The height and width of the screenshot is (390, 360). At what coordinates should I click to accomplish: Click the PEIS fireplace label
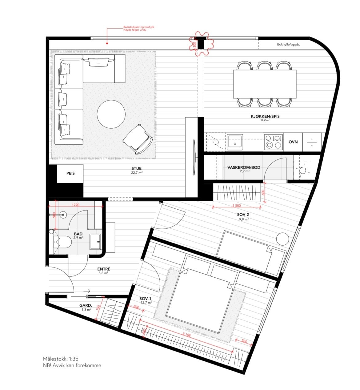70,173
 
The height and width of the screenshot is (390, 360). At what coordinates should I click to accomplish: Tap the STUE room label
136,169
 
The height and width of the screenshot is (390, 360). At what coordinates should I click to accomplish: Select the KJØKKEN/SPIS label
265,117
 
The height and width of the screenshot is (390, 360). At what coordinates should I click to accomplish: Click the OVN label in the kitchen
293,142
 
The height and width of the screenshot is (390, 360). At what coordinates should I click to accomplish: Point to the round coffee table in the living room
111,114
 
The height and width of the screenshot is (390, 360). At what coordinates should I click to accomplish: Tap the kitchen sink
235,142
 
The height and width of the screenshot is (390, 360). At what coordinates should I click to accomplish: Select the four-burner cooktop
273,142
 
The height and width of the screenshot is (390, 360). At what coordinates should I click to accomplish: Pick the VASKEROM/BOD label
244,167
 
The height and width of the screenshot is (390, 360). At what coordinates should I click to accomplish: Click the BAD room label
78,234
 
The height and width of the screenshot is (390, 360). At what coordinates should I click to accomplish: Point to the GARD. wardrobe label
86,306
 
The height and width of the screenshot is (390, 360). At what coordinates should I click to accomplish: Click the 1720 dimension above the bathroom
76,205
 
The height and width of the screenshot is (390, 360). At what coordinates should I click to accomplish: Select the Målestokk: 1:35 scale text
61,359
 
